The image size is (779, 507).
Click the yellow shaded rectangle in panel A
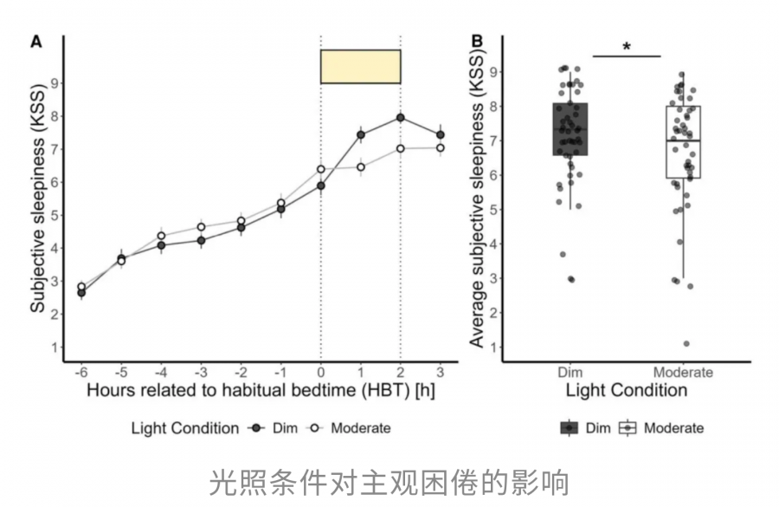(x=360, y=67)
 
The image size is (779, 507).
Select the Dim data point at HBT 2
(x=400, y=118)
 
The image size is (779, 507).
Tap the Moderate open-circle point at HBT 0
(x=321, y=170)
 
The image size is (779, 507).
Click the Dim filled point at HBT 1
(x=360, y=134)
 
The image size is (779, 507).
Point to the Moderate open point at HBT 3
(x=440, y=147)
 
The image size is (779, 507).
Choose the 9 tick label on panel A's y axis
(x=54, y=83)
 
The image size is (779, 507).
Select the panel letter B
(x=476, y=42)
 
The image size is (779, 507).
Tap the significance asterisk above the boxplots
(x=626, y=48)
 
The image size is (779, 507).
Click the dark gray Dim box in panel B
(x=570, y=128)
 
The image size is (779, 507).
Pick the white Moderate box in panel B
(x=683, y=142)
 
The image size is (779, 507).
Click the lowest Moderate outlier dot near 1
(x=686, y=344)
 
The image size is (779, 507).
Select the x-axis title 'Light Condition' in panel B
(x=626, y=391)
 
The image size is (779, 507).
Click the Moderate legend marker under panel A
(x=317, y=428)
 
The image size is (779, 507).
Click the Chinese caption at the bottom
(x=389, y=481)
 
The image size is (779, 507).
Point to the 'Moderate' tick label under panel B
(x=683, y=373)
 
